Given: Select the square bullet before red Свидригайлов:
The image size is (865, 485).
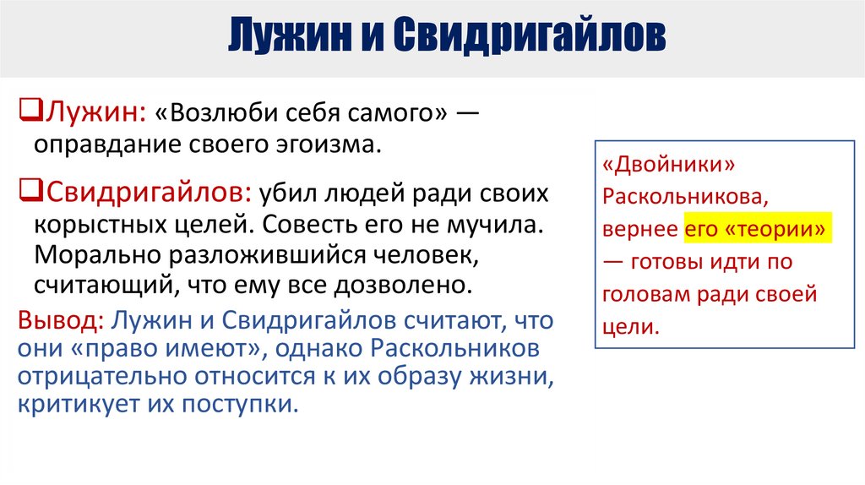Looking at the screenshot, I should pyautogui.click(x=25, y=191).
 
